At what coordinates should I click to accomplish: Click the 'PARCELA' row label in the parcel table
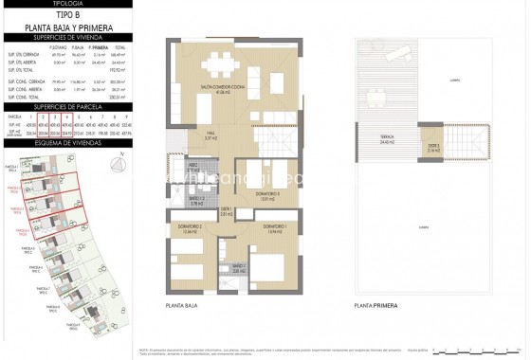[x=14, y=115]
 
